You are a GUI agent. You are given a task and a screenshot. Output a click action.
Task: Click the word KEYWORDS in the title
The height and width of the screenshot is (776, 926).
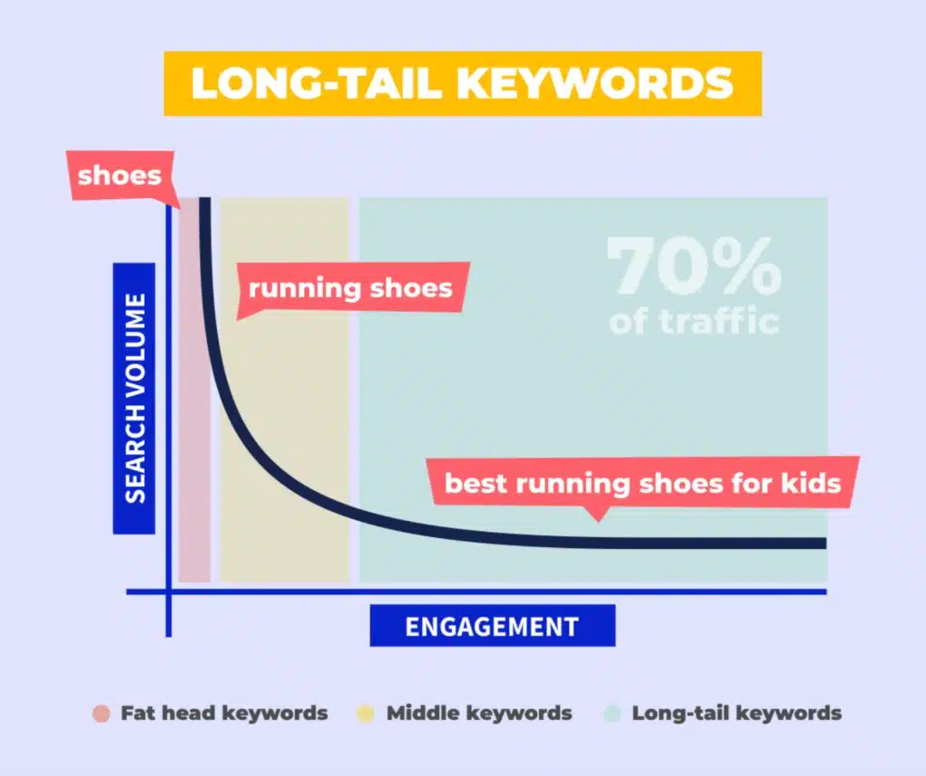(595, 84)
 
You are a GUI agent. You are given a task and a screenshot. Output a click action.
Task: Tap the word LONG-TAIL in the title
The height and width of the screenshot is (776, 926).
(317, 84)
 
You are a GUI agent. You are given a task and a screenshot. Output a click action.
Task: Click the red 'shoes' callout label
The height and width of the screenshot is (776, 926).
(119, 175)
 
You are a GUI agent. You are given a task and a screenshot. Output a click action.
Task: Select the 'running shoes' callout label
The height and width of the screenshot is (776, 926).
(351, 289)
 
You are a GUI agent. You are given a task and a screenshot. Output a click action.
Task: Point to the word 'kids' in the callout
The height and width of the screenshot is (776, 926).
(810, 482)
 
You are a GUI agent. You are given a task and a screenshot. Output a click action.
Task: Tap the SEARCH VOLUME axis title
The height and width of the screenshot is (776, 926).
(135, 398)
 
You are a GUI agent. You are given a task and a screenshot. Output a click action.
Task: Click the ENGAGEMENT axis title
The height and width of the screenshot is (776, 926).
(492, 626)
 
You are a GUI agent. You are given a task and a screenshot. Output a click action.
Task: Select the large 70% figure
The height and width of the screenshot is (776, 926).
(694, 267)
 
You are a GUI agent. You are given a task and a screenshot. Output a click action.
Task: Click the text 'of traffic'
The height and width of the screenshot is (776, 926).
(694, 321)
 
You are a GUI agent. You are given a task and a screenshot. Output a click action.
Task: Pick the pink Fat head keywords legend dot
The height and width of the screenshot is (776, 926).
(101, 713)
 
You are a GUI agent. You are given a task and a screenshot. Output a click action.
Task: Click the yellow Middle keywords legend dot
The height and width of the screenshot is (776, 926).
(366, 713)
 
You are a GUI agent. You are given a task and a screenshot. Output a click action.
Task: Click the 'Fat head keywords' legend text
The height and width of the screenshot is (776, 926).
(224, 713)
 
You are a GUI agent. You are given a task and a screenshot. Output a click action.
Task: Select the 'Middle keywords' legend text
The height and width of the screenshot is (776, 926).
(479, 713)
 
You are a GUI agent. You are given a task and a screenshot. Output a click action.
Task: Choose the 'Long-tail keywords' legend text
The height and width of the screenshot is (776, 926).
(737, 713)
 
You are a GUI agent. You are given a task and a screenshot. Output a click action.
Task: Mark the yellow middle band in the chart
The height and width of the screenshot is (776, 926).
(285, 407)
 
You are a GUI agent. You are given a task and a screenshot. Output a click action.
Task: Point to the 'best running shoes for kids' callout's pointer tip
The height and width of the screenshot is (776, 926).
(595, 520)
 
